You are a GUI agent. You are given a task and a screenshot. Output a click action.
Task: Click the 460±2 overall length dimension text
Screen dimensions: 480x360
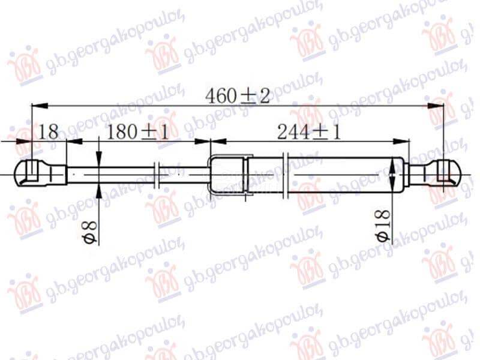tap(238, 96)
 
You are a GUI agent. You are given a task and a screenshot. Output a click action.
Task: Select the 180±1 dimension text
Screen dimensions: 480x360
tap(137, 132)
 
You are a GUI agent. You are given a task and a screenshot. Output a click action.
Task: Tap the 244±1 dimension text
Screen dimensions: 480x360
tap(308, 132)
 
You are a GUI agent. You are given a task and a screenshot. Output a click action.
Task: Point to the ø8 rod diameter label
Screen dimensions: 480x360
tap(91, 233)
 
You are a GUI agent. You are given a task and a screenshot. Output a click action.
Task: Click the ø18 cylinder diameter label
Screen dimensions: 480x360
tap(383, 226)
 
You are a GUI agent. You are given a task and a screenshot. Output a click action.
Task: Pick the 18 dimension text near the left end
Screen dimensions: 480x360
tap(49, 132)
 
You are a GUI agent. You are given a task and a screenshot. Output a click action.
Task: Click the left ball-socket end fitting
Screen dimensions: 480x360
tap(41, 174)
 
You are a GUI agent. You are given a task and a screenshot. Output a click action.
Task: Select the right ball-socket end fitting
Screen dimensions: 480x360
tap(434, 174)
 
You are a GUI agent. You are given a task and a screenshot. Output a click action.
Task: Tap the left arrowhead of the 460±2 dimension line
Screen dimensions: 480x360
tap(40, 106)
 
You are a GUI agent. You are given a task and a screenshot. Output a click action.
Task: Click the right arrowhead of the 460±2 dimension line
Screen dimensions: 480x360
tap(436, 106)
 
